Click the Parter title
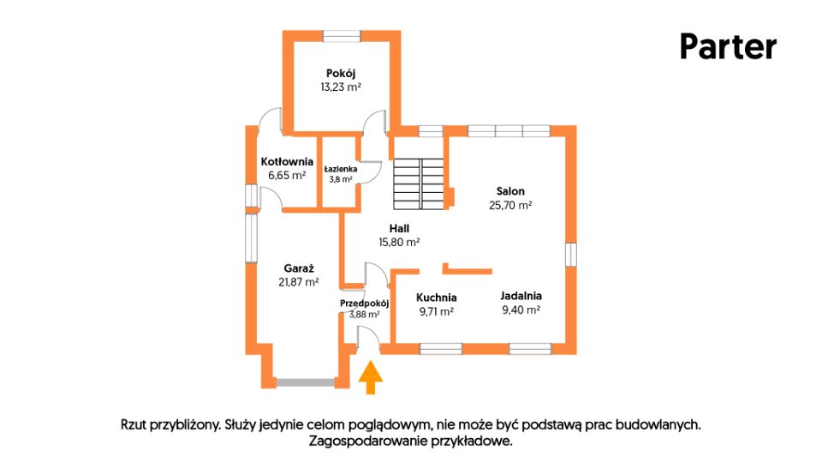click(728, 46)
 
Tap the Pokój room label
click(341, 74)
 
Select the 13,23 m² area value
click(341, 87)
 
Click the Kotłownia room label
click(287, 162)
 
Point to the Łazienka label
click(341, 169)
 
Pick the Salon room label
click(510, 191)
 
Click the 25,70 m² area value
click(510, 205)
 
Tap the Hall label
click(400, 228)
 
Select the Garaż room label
click(299, 268)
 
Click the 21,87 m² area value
click(299, 282)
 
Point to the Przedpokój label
click(365, 304)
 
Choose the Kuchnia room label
click(436, 298)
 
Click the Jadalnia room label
click(521, 296)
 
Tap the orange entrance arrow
click(371, 377)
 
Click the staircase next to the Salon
click(419, 183)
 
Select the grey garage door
click(305, 382)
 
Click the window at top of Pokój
click(342, 36)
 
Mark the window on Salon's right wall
click(571, 255)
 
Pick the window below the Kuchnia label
click(441, 349)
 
